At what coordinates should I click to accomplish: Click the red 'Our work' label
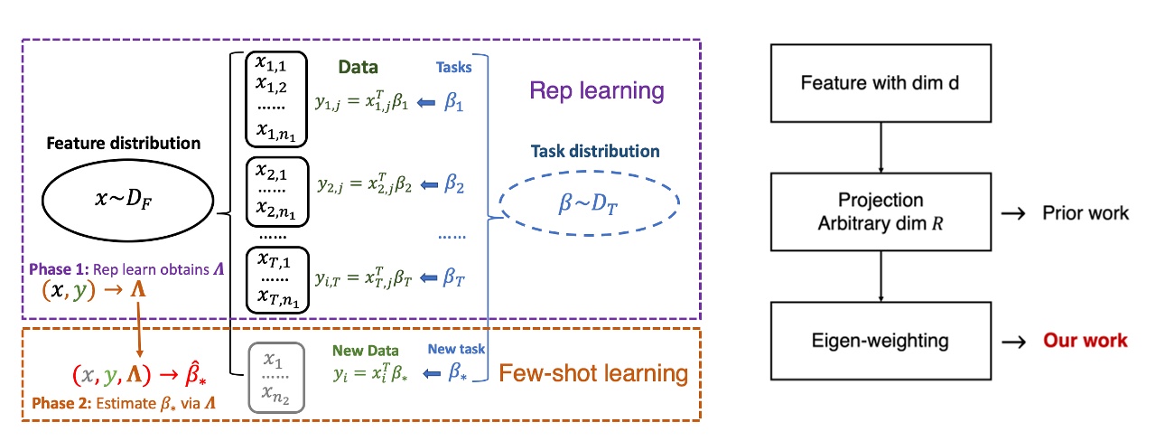pyautogui.click(x=1085, y=341)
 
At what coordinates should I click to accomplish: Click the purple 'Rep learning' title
pyautogui.click(x=596, y=91)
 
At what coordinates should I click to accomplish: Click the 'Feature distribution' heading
pyautogui.click(x=123, y=143)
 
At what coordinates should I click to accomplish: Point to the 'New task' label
pyautogui.click(x=457, y=349)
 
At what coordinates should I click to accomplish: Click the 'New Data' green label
pyautogui.click(x=364, y=350)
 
